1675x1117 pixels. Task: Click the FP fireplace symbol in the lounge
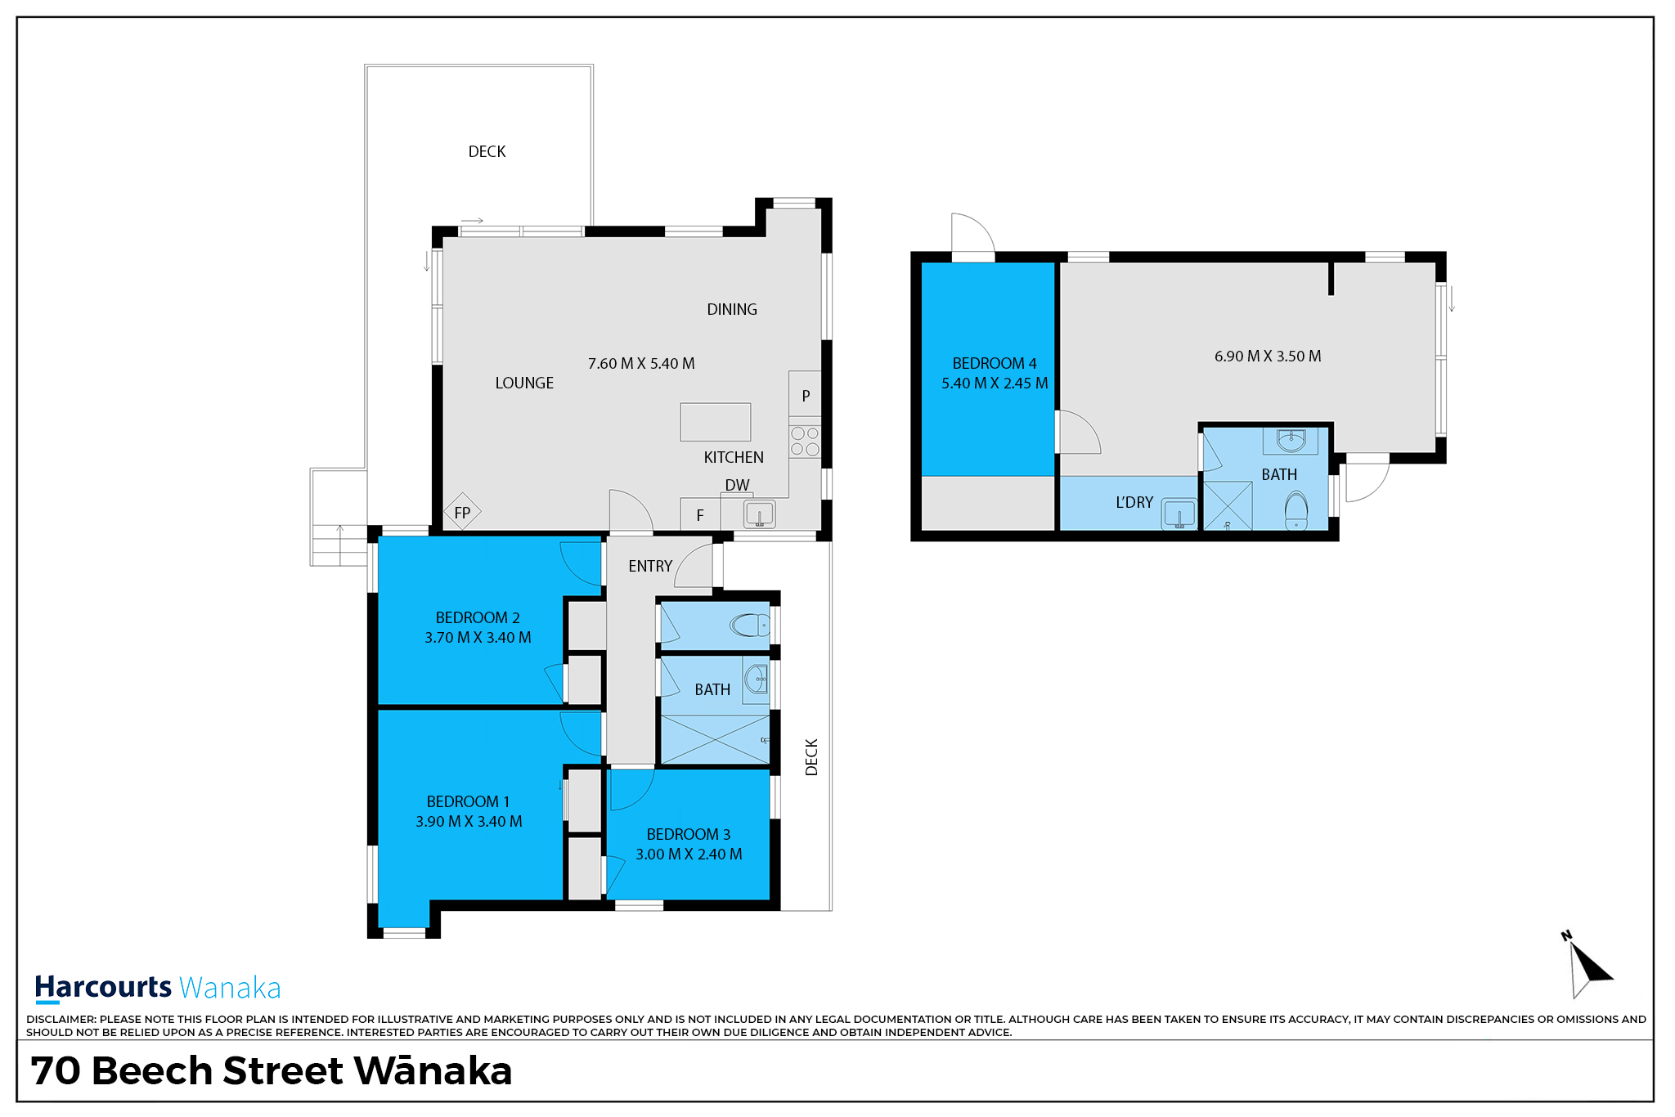(x=462, y=512)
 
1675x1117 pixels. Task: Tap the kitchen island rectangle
(x=716, y=422)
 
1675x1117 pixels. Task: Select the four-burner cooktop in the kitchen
(x=805, y=441)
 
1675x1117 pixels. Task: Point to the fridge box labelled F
(x=700, y=514)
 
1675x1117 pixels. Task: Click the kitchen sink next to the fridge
(x=760, y=514)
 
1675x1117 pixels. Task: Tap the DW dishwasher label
(x=737, y=485)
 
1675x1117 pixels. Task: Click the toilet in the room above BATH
(x=750, y=626)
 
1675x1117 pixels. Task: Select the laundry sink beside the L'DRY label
(x=1179, y=514)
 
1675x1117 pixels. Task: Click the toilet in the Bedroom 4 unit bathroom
(x=1296, y=509)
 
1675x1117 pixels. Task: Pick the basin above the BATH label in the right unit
(x=1291, y=441)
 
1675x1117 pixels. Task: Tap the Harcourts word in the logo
(x=103, y=987)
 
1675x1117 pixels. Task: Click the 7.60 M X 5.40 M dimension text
(x=641, y=363)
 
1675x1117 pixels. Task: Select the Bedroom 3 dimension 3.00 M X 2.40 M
(x=689, y=854)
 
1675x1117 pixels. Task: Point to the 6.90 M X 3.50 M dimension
(x=1268, y=356)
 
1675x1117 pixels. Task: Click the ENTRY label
(x=650, y=566)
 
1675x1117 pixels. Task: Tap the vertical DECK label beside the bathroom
(x=811, y=757)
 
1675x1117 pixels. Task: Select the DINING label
(x=732, y=309)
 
